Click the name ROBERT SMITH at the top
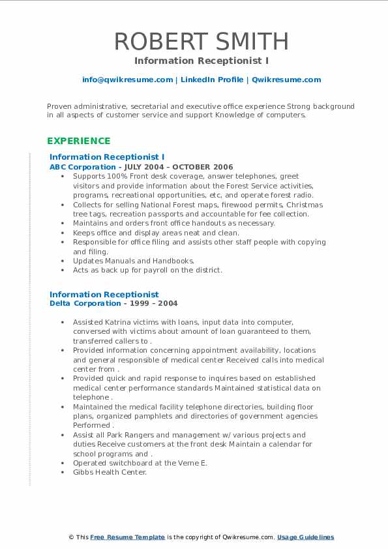pyautogui.click(x=201, y=41)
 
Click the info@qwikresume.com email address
pyautogui.click(x=127, y=80)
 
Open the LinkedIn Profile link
pyautogui.click(x=211, y=80)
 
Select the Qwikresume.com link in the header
pyautogui.click(x=286, y=80)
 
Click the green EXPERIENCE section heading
pyautogui.click(x=78, y=141)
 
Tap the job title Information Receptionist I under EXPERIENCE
pyautogui.click(x=107, y=157)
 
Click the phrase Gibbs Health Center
pyautogui.click(x=110, y=472)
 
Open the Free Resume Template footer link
pyautogui.click(x=127, y=537)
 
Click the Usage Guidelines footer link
pyautogui.click(x=305, y=537)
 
